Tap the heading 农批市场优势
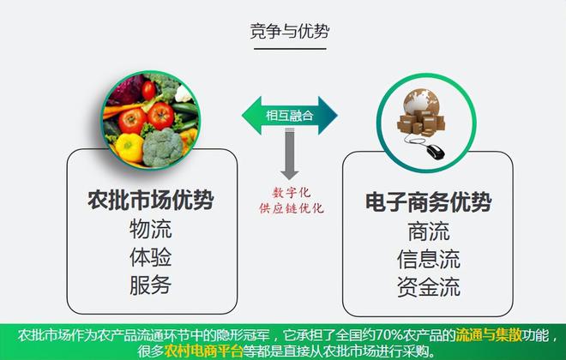(151, 201)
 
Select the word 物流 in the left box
(151, 229)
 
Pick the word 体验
(151, 256)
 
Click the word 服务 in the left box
(151, 284)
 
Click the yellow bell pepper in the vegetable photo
(129, 147)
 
